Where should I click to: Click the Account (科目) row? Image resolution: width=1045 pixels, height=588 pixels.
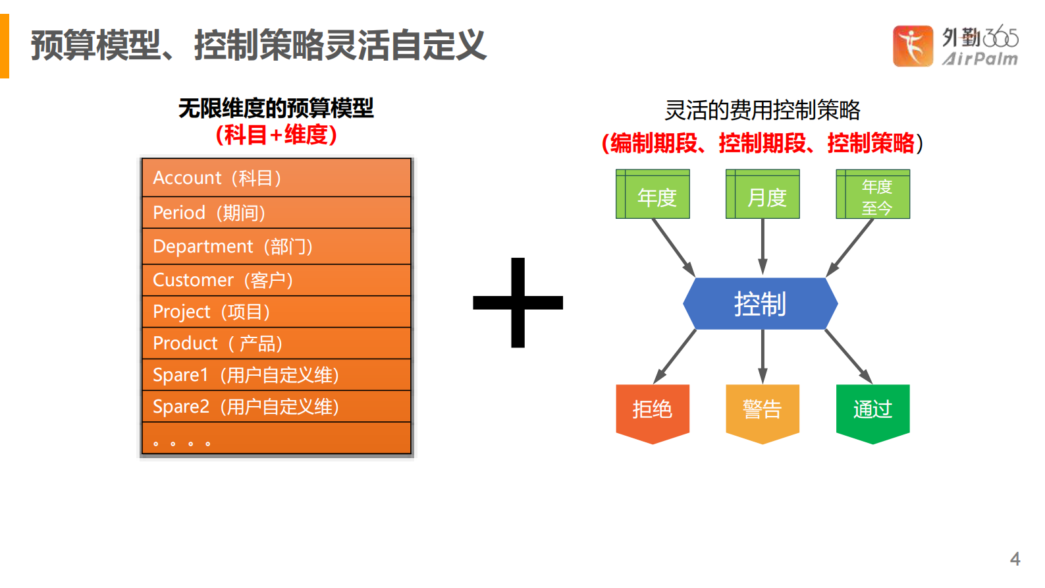(276, 177)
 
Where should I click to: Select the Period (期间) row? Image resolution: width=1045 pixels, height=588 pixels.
(276, 212)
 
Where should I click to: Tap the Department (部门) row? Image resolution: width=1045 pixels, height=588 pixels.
(276, 246)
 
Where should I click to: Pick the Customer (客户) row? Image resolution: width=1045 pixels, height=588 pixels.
(276, 279)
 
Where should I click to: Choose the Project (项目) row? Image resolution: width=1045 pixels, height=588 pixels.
(276, 311)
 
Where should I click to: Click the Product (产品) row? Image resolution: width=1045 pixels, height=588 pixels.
(276, 343)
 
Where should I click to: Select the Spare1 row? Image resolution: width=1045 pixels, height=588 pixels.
(276, 374)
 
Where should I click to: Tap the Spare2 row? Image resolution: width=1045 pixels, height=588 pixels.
(276, 406)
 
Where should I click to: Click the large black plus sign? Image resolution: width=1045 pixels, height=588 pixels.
(518, 303)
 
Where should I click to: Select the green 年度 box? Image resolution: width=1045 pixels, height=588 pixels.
(653, 194)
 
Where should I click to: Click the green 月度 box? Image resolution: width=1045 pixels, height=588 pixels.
(763, 194)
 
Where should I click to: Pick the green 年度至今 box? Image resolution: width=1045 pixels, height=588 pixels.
(873, 194)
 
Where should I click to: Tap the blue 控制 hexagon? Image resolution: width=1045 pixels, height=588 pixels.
(761, 303)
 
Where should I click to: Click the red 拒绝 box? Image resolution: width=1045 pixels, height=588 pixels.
(653, 411)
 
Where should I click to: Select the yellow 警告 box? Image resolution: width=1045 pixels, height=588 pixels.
(763, 411)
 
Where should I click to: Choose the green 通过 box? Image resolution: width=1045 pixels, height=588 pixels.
(873, 411)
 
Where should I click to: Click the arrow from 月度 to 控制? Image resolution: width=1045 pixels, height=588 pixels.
(763, 247)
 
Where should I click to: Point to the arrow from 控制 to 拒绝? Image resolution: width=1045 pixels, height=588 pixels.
(675, 357)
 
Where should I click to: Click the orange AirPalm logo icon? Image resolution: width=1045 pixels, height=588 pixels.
(913, 45)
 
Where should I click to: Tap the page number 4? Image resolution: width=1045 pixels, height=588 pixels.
(1015, 558)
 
